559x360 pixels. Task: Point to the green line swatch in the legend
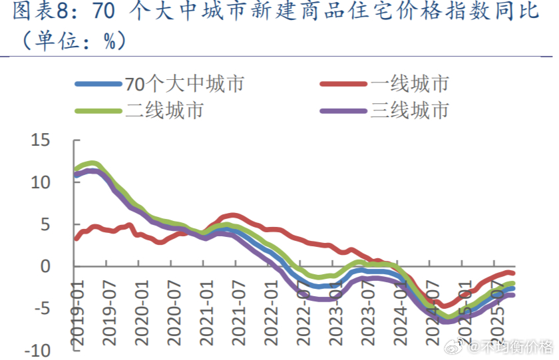click(98, 110)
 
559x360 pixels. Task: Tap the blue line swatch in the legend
click(98, 84)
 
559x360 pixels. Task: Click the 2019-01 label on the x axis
click(79, 313)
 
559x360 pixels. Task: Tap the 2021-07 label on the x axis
click(238, 313)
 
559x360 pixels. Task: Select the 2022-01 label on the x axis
click(270, 313)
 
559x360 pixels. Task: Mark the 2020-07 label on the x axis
click(174, 313)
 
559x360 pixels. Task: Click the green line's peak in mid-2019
click(93, 163)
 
